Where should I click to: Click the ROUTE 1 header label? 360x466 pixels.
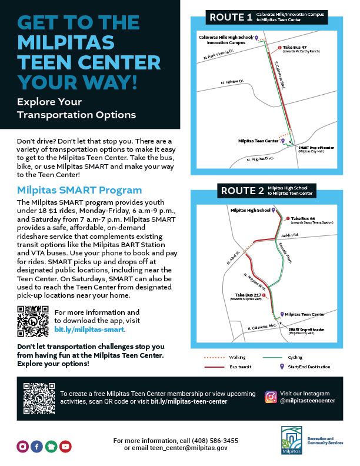[231, 17]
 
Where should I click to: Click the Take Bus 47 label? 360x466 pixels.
[296, 47]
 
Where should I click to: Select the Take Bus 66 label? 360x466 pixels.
[304, 218]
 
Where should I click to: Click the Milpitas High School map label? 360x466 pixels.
[250, 210]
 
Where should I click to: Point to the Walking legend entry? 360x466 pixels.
[238, 357]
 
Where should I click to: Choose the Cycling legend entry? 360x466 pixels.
[295, 357]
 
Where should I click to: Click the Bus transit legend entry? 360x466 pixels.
[239, 367]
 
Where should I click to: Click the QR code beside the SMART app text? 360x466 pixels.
[32, 321]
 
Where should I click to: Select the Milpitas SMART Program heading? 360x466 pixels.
[79, 190]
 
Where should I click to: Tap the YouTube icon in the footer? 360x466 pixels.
[65, 447]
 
